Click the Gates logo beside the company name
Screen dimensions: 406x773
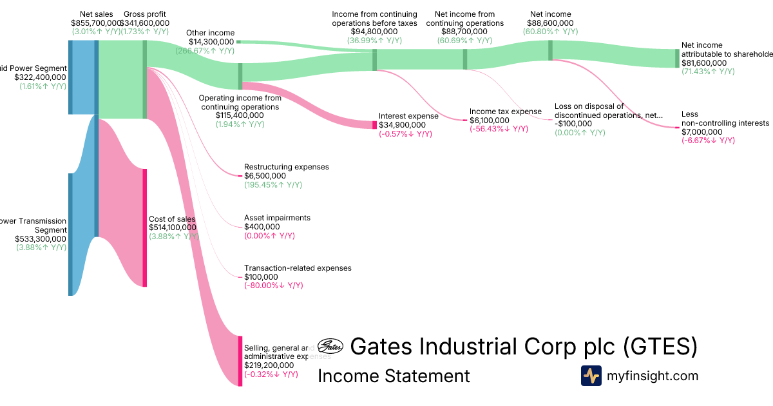coord(332,347)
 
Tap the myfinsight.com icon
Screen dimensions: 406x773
coord(591,376)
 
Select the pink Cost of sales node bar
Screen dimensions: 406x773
coord(145,227)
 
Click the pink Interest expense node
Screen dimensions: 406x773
coord(375,124)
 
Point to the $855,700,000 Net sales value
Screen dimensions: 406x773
coord(96,23)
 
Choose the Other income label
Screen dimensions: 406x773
coord(210,33)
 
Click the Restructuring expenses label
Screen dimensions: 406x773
coord(286,167)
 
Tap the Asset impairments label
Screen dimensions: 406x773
coord(277,218)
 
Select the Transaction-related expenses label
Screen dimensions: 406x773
coord(298,268)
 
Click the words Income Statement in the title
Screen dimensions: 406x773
coord(394,376)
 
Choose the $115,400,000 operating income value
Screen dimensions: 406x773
coord(240,115)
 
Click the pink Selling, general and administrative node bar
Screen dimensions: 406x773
coord(240,361)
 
